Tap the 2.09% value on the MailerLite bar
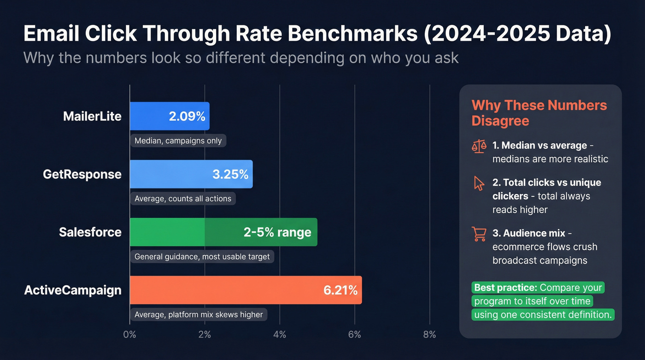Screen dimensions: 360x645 187,116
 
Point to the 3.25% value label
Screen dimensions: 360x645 230,174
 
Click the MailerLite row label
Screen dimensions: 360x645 92,116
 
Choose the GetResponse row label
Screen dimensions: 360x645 82,174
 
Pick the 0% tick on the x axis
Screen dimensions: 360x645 129,334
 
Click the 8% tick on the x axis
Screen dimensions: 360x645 429,334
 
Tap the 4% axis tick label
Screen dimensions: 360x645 280,334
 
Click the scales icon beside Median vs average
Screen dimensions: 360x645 479,146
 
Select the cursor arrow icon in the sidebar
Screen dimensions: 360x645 479,183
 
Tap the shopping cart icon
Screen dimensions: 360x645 479,234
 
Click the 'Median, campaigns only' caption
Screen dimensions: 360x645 178,141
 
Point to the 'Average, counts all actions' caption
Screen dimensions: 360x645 183,199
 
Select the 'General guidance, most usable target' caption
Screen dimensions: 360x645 202,256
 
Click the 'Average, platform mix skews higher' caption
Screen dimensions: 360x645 199,314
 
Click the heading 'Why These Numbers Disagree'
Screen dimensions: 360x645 539,112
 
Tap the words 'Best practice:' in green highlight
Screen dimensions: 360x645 505,288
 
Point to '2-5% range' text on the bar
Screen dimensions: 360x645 277,232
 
